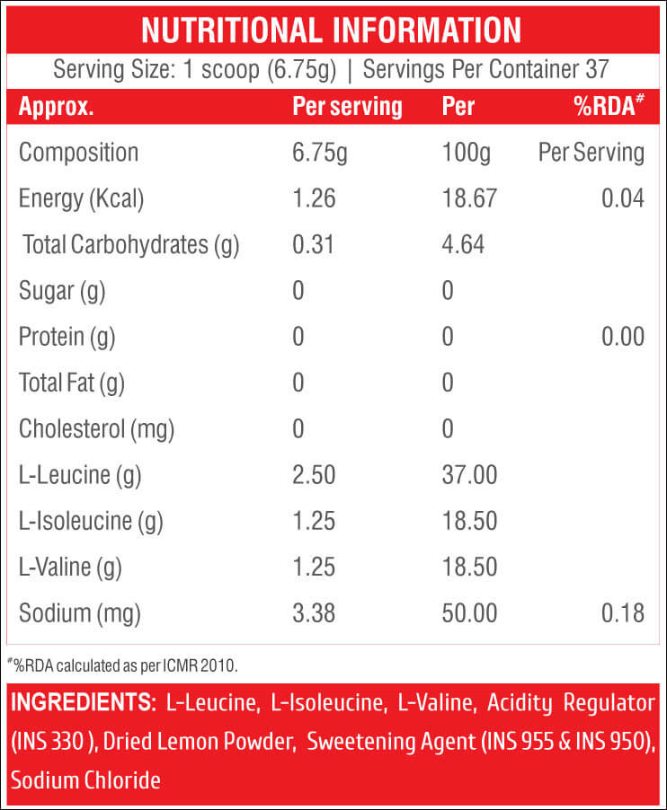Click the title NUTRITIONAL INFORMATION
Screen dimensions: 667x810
tap(332, 30)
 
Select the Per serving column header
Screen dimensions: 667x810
tap(348, 107)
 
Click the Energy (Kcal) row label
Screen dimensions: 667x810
tap(81, 198)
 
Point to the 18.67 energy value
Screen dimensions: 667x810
tap(469, 198)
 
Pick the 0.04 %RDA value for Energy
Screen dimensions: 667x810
tap(623, 198)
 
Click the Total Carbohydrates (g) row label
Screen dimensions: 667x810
tap(131, 245)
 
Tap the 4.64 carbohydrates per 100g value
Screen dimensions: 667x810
tap(463, 244)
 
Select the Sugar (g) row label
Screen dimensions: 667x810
tap(62, 291)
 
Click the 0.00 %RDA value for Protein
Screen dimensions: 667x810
tap(623, 336)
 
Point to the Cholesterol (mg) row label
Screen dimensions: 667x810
tap(96, 429)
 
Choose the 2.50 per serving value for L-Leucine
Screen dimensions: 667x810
tap(314, 475)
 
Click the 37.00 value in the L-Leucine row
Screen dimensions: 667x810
tap(469, 475)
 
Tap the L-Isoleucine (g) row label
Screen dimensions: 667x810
tap(91, 521)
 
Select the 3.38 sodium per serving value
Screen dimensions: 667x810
tap(314, 613)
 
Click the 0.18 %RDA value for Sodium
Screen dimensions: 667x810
tap(623, 613)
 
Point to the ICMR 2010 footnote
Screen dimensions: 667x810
tap(123, 665)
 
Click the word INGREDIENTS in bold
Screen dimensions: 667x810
tap(84, 702)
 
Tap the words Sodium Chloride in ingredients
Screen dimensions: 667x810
tap(85, 780)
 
